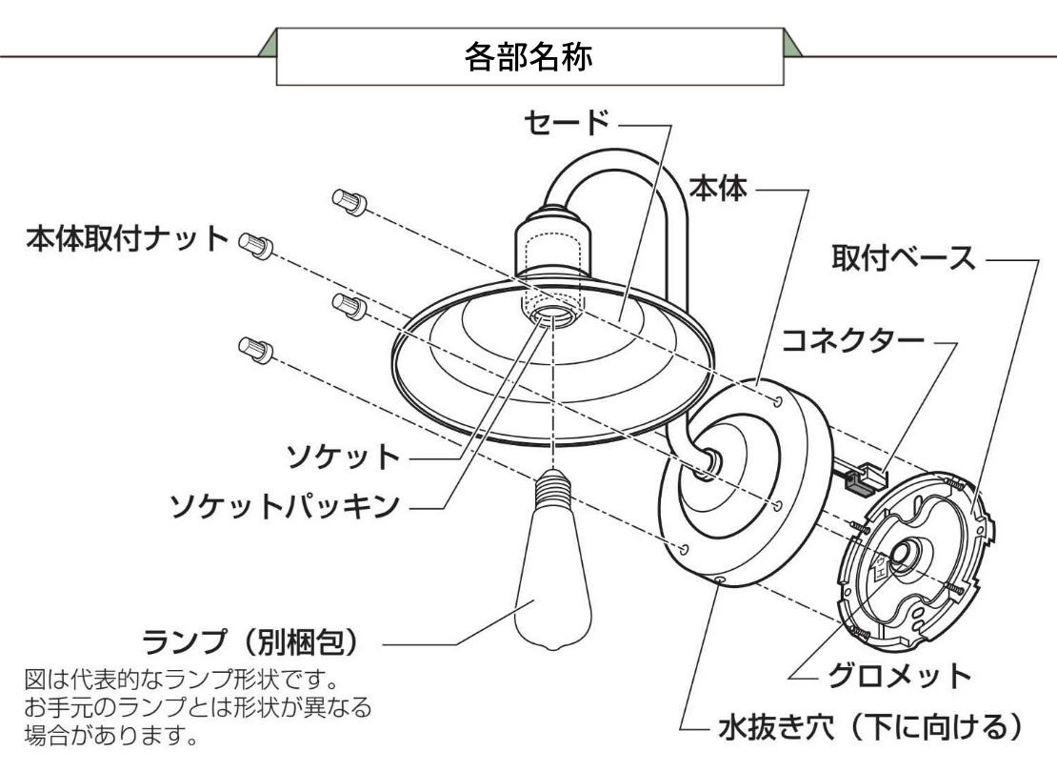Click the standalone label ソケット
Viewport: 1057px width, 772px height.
tap(343, 457)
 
